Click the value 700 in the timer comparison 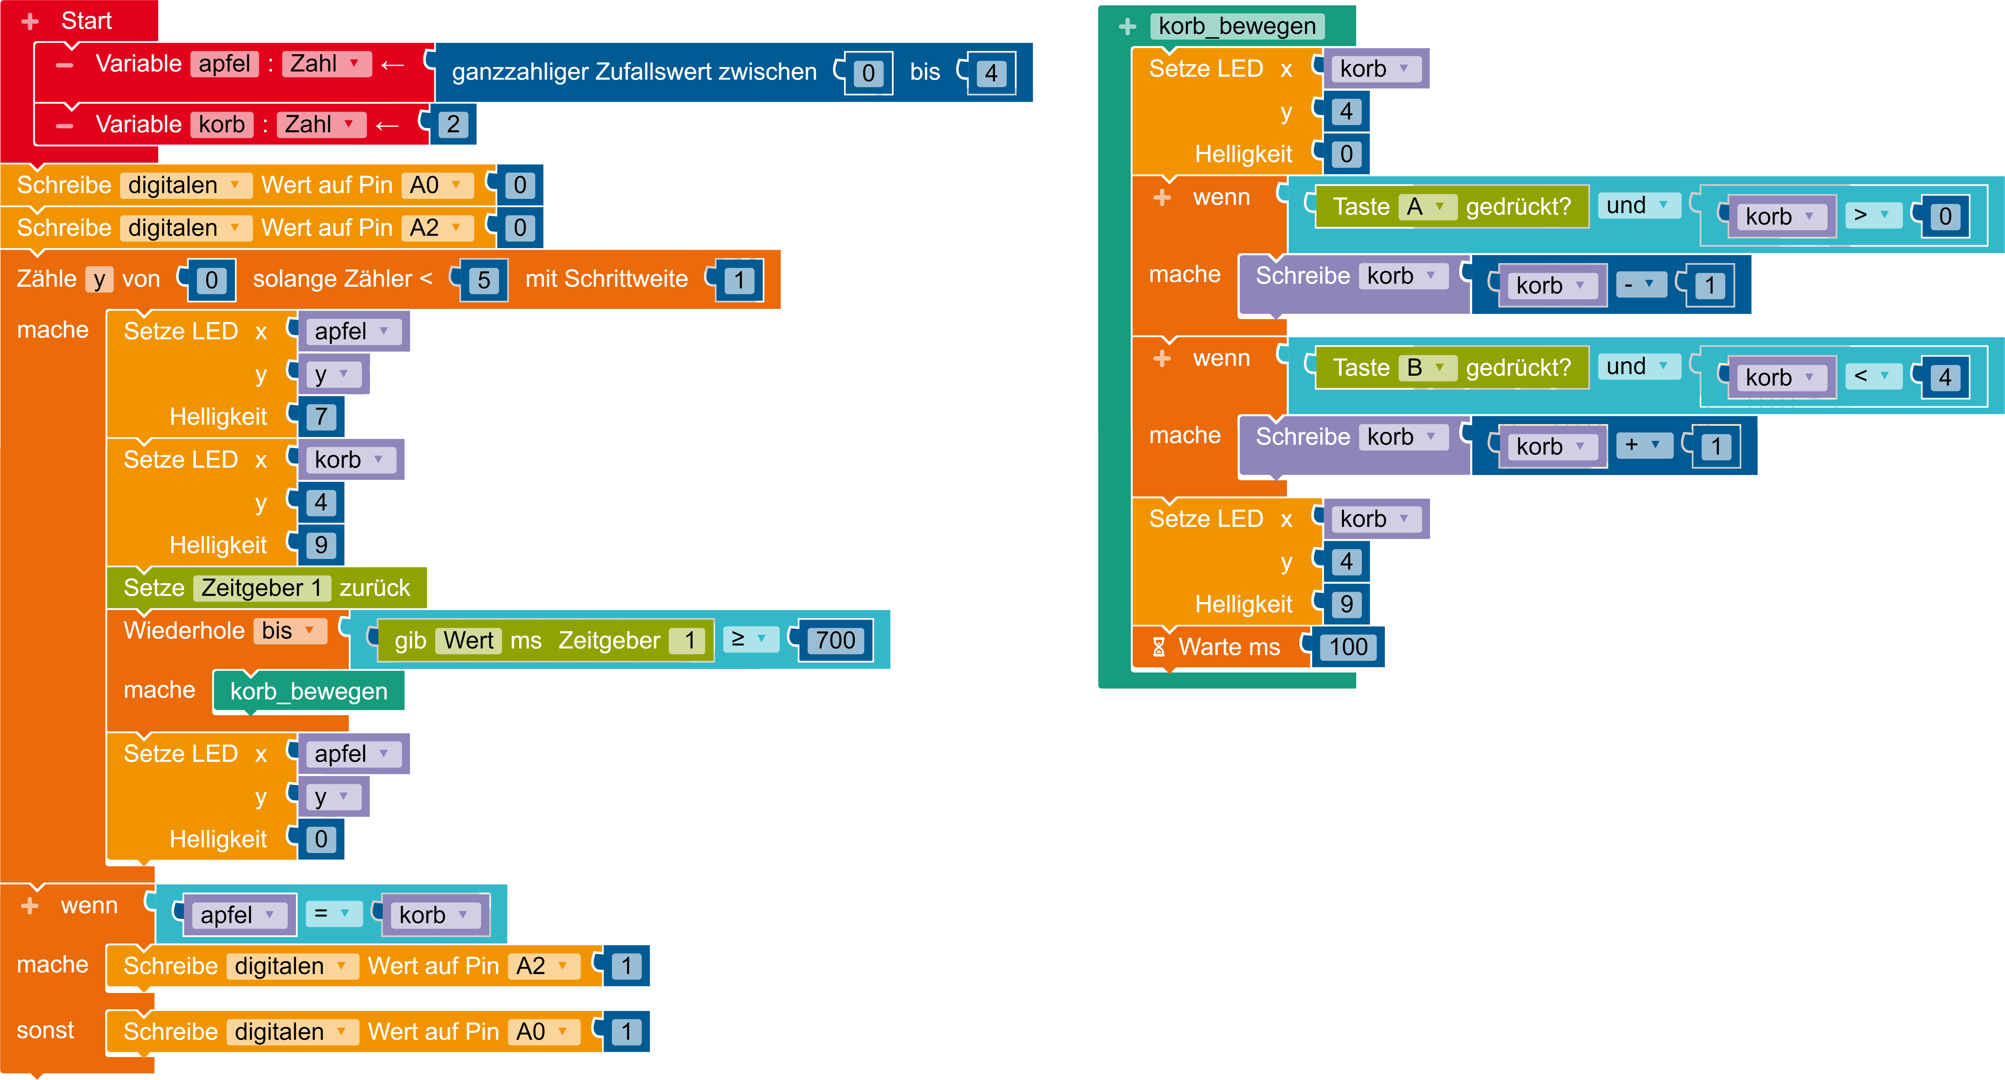835,640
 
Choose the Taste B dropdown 1427,367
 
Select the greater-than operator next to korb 1871,216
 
